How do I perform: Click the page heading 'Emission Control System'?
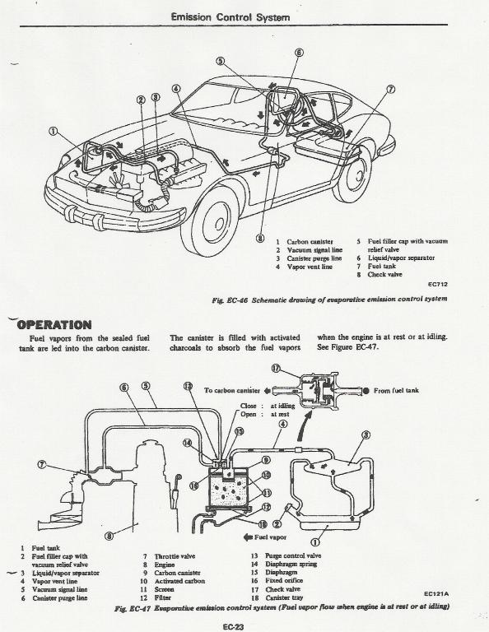click(231, 17)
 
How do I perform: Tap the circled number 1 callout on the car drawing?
click(54, 132)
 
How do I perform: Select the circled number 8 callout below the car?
click(260, 238)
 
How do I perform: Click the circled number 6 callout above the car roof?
click(299, 53)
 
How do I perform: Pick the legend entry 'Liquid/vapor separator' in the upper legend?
click(401, 258)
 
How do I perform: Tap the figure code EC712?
click(437, 284)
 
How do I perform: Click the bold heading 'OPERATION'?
click(54, 324)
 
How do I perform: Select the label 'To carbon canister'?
click(232, 390)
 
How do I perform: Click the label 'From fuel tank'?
click(396, 390)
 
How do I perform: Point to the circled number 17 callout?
click(276, 369)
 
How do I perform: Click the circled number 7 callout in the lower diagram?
click(41, 464)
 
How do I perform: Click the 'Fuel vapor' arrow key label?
click(265, 537)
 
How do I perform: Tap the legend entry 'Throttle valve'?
click(175, 556)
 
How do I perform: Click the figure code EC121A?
click(437, 593)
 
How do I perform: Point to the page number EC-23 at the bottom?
click(233, 627)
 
